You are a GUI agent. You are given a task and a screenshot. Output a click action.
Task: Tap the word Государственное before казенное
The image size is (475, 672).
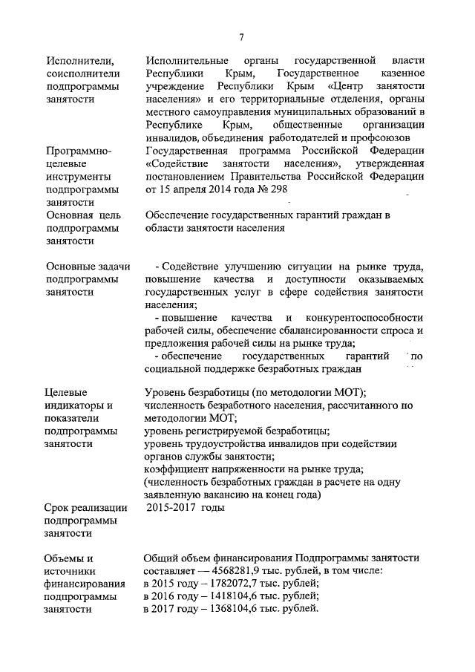click(x=318, y=74)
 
